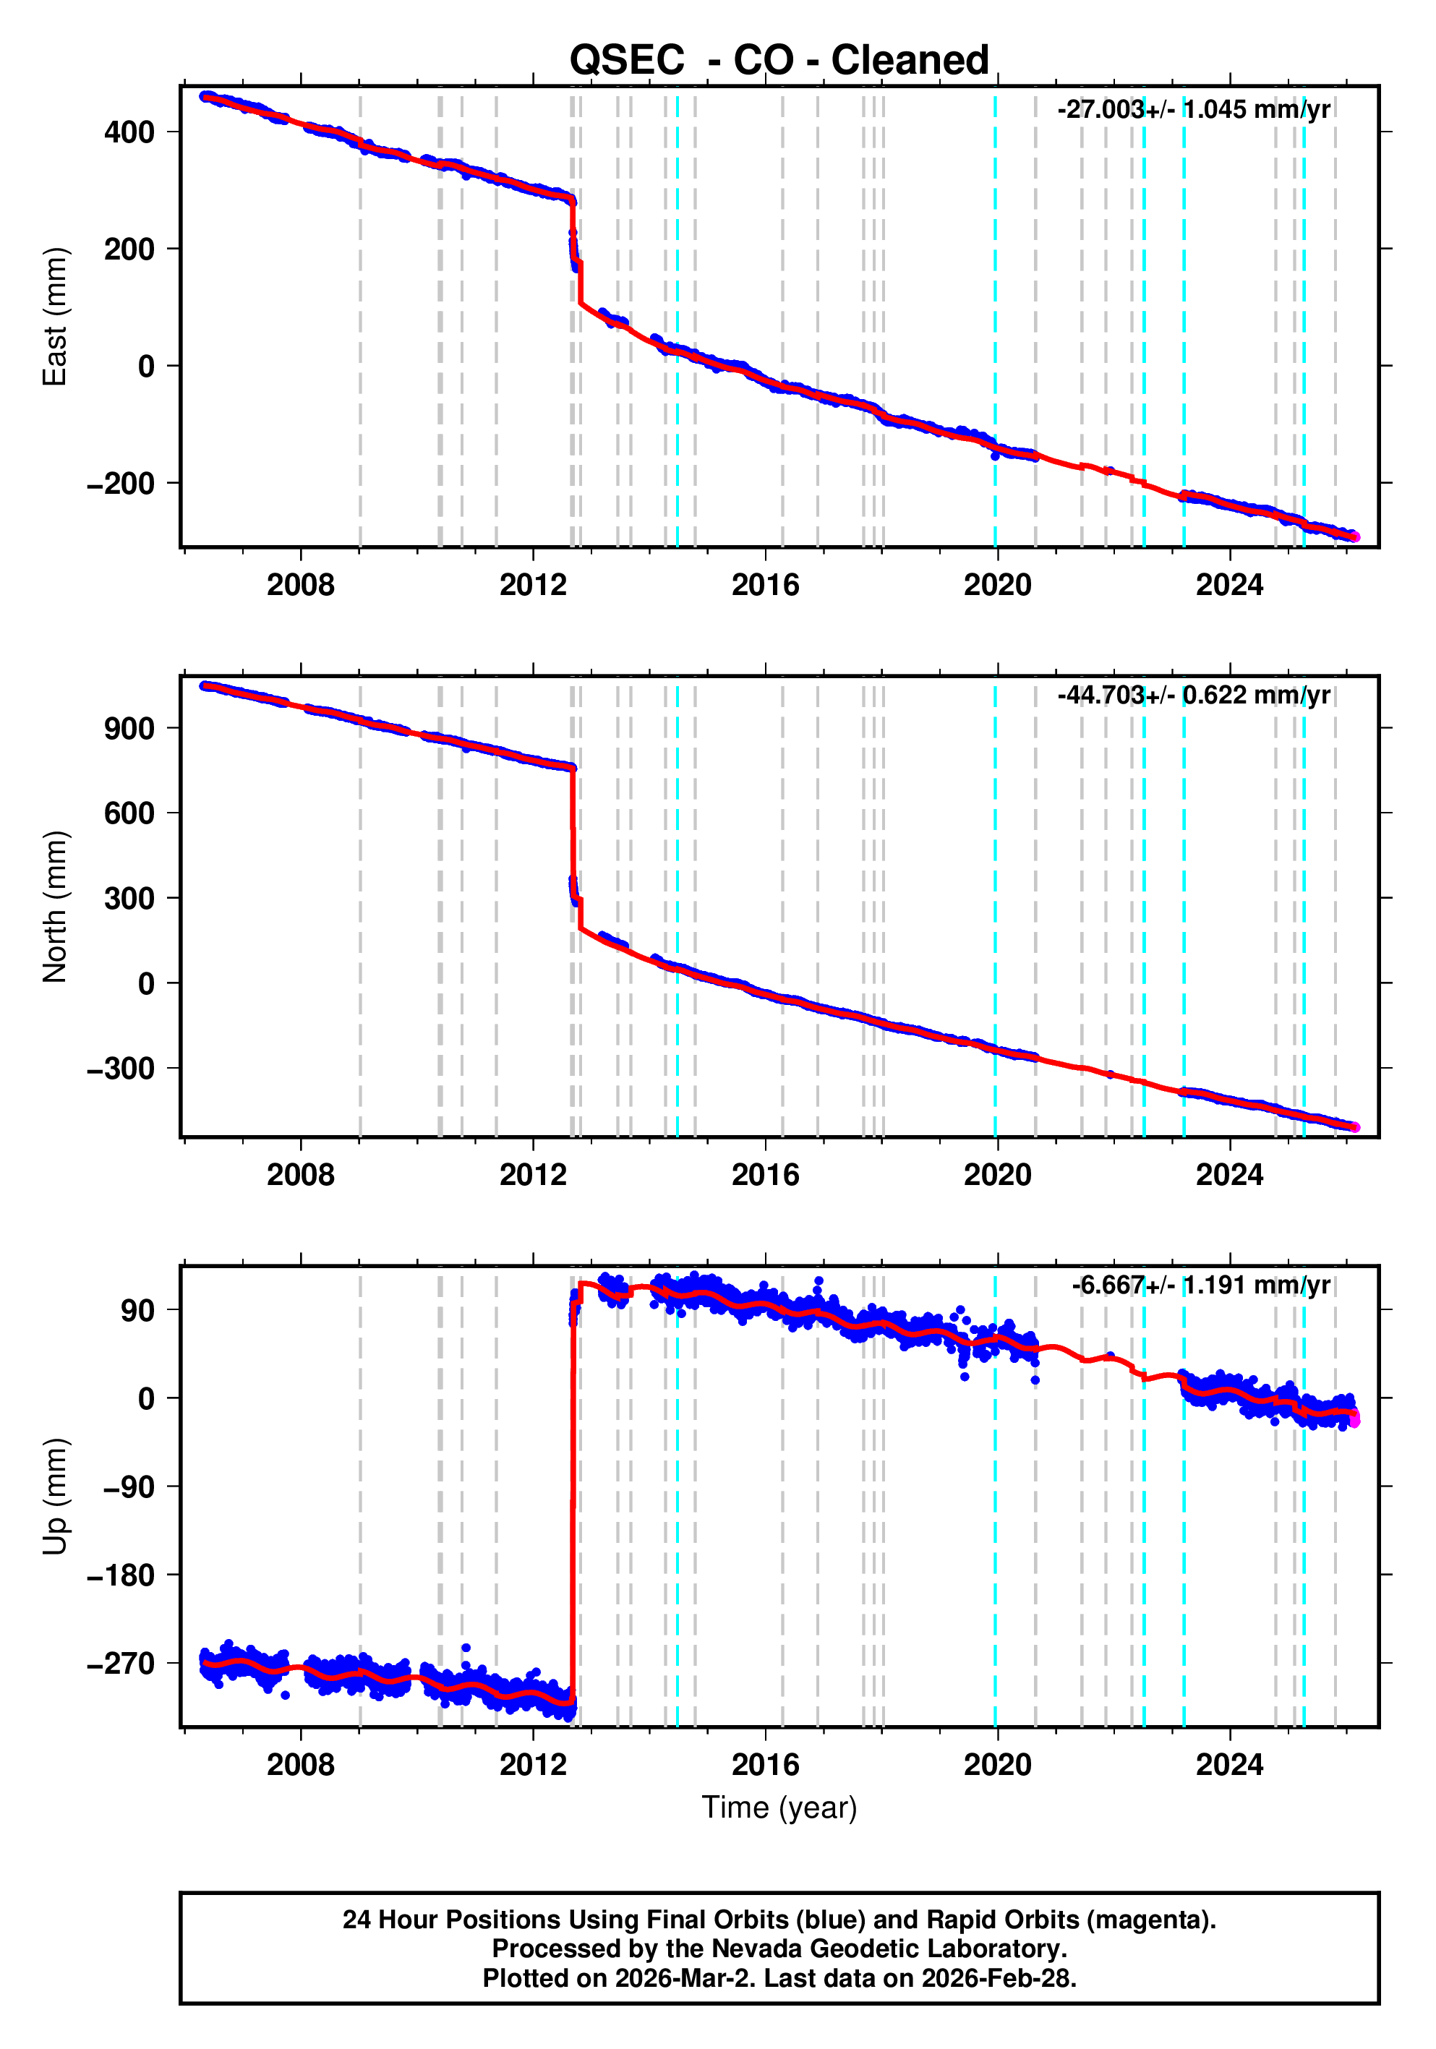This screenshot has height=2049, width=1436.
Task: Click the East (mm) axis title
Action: point(56,317)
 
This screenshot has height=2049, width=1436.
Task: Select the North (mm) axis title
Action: point(56,906)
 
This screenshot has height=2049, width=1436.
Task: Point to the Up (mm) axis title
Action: point(56,1497)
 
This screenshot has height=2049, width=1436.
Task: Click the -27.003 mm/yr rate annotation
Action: point(1192,110)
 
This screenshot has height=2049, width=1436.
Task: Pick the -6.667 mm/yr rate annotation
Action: point(1200,1285)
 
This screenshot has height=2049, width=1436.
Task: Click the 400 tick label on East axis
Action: point(129,132)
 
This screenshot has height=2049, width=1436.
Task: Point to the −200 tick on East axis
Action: point(121,484)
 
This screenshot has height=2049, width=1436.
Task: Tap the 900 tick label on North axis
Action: point(129,728)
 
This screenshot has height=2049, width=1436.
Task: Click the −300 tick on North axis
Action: point(121,1068)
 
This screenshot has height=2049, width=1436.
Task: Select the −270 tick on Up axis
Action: point(121,1664)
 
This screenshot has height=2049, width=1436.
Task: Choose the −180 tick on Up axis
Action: point(121,1575)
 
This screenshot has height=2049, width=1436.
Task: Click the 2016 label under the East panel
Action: point(765,586)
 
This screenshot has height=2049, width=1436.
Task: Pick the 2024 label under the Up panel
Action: point(1229,1764)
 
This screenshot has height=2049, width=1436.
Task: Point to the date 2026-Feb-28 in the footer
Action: point(998,1977)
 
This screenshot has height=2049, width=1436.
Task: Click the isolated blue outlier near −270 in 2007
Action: point(285,1695)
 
